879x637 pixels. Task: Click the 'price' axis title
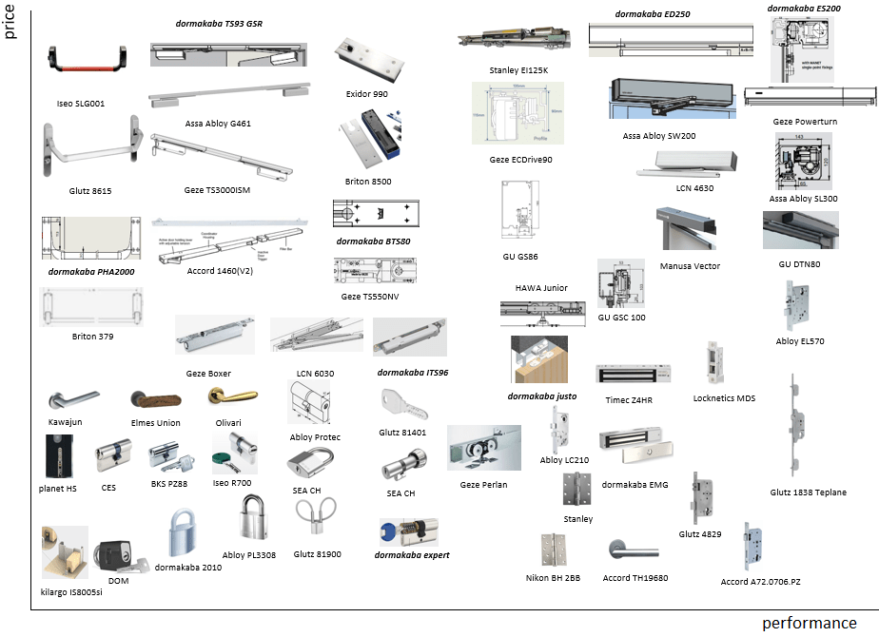click(10, 19)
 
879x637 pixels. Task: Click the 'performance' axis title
click(809, 624)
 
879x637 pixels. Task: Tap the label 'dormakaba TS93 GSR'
click(219, 23)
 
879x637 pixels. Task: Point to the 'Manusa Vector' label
click(690, 266)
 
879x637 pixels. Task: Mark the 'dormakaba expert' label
click(412, 554)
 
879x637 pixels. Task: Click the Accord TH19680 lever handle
click(629, 550)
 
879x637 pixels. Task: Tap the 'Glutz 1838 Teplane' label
click(808, 492)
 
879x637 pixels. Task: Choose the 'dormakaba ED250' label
click(653, 14)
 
